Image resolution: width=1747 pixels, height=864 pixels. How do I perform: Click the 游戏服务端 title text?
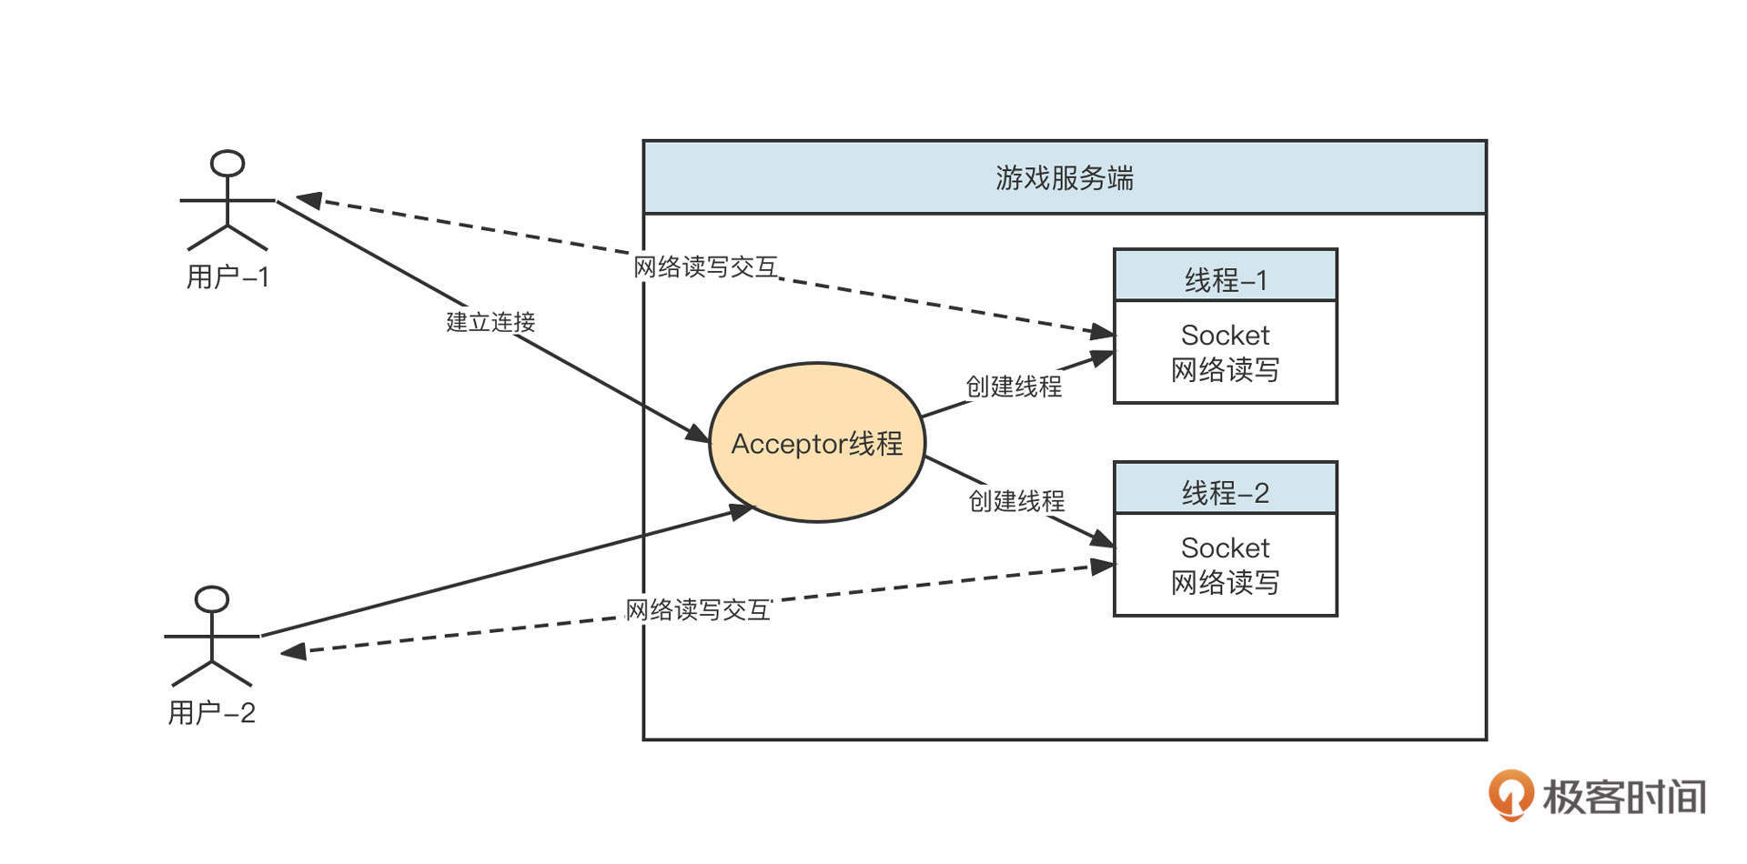coord(1064,177)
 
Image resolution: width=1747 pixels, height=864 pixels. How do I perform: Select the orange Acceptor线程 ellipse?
coord(816,443)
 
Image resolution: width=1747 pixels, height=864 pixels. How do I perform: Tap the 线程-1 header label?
coord(1225,279)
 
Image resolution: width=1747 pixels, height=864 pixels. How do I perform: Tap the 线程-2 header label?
coord(1225,493)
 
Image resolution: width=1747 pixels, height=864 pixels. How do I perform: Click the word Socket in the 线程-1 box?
coord(1225,336)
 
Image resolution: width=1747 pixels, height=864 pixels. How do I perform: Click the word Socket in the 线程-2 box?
coord(1225,548)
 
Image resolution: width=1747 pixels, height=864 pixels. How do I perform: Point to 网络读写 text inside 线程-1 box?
coord(1225,370)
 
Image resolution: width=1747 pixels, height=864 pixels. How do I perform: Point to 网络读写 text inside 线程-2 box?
coord(1225,582)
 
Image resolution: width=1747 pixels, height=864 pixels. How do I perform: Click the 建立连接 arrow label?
coord(490,322)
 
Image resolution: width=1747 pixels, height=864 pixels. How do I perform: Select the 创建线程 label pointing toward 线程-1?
coord(1013,387)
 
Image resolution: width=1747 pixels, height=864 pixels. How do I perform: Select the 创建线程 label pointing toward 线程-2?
coord(1015,501)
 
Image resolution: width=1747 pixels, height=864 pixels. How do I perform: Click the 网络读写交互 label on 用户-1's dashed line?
coord(705,267)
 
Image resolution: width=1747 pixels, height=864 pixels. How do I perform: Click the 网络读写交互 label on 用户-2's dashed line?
coord(698,610)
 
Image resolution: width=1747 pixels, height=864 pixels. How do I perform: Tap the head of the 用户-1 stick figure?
coord(227,164)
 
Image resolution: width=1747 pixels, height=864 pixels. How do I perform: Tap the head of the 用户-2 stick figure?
coord(212,599)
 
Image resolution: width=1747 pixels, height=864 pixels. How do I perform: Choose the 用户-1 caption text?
coord(227,276)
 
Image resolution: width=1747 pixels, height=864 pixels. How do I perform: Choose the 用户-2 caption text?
coord(211,713)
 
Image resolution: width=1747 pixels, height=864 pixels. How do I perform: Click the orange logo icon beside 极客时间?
coord(1510,795)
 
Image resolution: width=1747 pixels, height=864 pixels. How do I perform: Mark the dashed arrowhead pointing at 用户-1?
coord(308,199)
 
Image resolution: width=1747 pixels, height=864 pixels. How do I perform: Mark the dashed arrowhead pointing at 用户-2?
coord(293,651)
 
